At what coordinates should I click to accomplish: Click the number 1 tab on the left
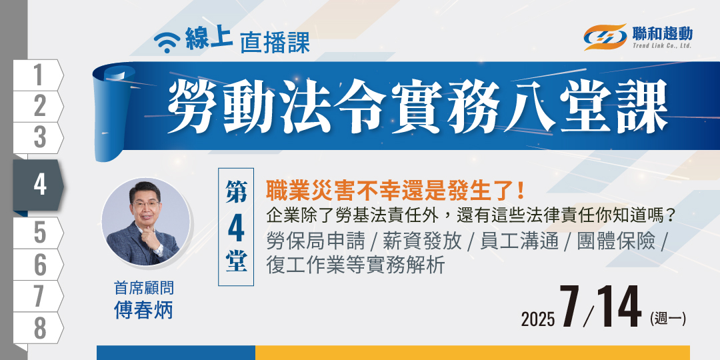39,75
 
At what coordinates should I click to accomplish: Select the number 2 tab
39,107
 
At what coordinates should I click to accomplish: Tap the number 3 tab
39,138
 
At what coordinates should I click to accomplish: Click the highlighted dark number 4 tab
39,185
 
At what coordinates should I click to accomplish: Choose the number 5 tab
39,233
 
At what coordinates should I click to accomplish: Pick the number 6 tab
39,265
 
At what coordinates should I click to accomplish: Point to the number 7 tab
39,296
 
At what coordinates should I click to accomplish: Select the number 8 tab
39,328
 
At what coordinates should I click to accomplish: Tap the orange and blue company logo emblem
605,37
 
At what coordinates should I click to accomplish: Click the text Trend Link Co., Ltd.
662,46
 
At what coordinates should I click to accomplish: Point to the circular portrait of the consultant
145,222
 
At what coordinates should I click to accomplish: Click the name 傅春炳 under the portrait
143,311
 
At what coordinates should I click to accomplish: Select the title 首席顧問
144,289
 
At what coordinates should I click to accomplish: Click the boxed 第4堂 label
236,227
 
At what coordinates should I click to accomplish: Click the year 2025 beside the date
538,319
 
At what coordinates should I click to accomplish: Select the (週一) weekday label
667,319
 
